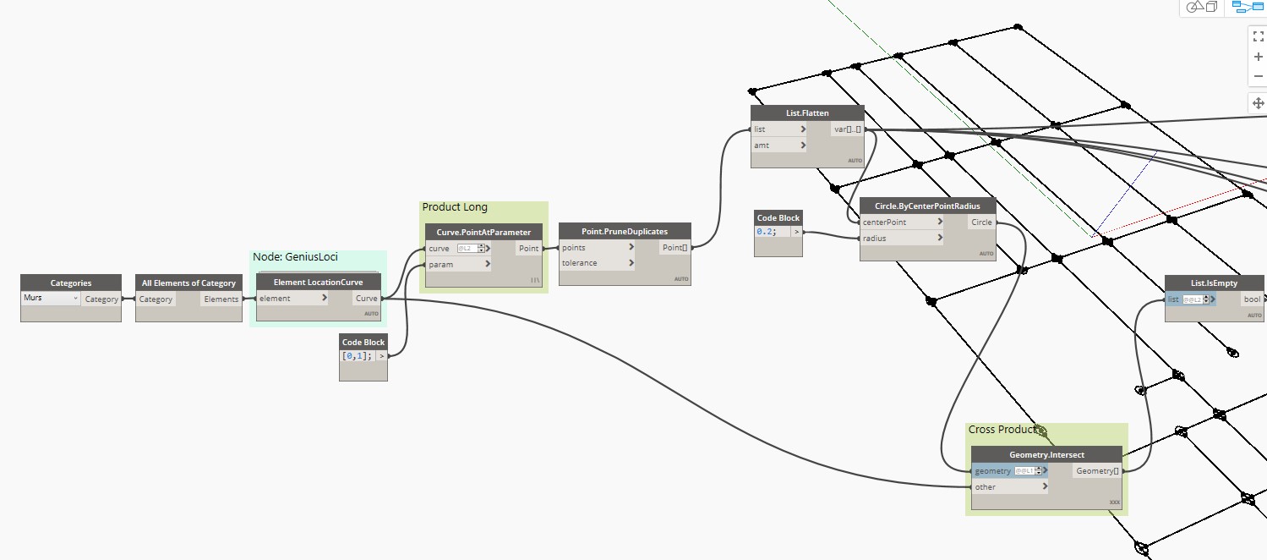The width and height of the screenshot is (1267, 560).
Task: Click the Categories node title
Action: (71, 283)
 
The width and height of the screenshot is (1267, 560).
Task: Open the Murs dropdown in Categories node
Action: (51, 299)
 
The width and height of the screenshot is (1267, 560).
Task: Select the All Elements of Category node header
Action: (188, 283)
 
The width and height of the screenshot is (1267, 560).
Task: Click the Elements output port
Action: (221, 299)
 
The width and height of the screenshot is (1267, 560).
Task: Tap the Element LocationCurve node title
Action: (319, 283)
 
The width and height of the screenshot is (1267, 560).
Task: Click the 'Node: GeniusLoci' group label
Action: (295, 256)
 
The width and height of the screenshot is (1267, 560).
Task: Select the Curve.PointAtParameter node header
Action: (483, 232)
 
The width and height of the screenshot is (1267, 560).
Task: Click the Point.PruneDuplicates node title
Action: (625, 232)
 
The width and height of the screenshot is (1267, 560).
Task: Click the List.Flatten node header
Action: (807, 113)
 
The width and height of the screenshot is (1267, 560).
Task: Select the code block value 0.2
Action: (767, 232)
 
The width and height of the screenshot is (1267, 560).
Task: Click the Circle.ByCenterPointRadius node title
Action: (927, 206)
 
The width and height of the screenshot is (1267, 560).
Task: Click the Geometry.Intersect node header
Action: (1046, 455)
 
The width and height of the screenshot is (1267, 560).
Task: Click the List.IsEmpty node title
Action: (1214, 283)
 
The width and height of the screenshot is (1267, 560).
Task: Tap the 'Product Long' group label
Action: (455, 207)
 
